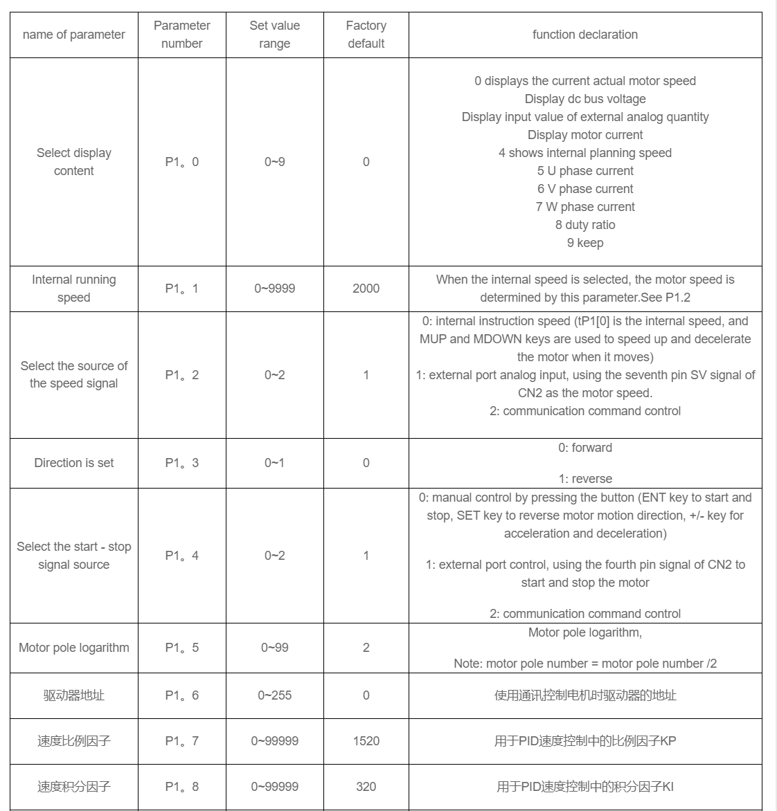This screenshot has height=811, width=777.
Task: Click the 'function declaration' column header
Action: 584,35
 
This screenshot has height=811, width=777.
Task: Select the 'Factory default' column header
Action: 366,35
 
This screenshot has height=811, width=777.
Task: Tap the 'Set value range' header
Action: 274,35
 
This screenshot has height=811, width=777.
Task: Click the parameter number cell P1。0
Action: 181,162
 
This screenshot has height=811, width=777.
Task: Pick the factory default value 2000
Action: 366,289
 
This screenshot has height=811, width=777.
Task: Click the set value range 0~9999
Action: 274,289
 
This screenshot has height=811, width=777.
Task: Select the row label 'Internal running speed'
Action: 74,289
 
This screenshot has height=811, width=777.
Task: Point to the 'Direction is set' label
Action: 74,463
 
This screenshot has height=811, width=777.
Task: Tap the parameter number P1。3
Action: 181,463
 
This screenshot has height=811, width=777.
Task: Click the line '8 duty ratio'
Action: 584,225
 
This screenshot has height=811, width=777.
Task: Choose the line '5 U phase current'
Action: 584,171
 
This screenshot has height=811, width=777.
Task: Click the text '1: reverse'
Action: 584,479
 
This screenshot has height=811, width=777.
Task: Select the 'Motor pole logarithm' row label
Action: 74,648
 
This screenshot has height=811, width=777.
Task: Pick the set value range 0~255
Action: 274,695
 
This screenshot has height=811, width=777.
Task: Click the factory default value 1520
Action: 366,741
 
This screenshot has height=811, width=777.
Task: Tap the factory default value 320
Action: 366,787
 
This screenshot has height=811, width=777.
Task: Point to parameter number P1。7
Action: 181,741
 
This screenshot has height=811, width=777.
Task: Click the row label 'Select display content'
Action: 74,162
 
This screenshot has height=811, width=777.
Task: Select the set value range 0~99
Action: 274,648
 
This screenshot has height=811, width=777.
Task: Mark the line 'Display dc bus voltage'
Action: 584,99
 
